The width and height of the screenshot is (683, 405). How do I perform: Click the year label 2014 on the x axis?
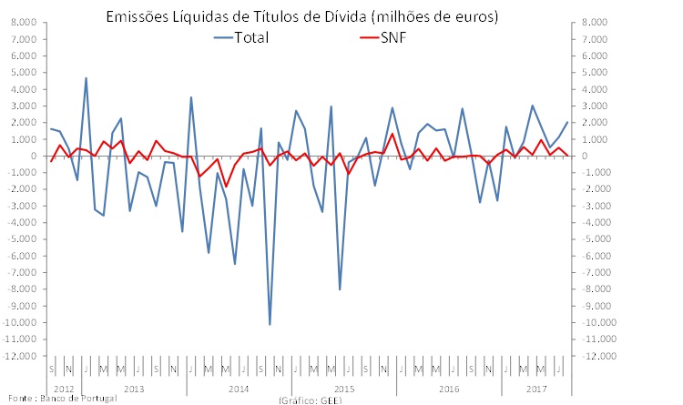click(x=239, y=389)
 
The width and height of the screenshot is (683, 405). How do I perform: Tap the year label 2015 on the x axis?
click(x=344, y=389)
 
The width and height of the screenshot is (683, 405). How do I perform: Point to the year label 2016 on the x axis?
click(x=450, y=389)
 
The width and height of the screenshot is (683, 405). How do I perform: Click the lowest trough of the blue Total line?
click(x=270, y=325)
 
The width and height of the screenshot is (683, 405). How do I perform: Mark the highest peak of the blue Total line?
click(x=86, y=78)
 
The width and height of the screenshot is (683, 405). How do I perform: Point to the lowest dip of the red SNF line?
click(x=226, y=187)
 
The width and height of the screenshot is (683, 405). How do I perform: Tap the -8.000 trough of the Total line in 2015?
click(x=340, y=289)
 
